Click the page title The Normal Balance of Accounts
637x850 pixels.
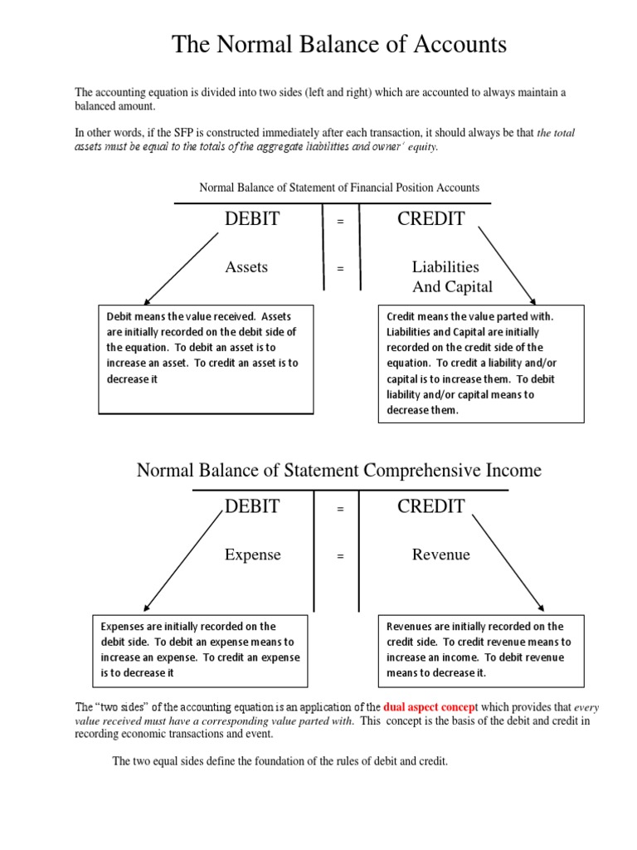coord(338,44)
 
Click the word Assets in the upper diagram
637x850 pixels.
coord(246,267)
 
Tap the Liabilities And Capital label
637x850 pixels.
coord(451,277)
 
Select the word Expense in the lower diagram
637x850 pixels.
coord(252,554)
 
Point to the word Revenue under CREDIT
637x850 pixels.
coord(440,554)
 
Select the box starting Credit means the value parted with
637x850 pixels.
coord(481,364)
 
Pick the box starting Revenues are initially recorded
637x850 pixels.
coord(481,649)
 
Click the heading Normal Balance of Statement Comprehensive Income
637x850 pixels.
coord(338,471)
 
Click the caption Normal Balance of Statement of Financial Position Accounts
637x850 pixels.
coord(338,188)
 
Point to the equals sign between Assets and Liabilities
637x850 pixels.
coord(340,269)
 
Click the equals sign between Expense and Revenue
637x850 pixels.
coord(340,556)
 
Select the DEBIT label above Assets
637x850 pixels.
coord(252,219)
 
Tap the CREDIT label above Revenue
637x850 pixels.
coord(430,506)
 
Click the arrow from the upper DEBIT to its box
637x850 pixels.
coord(181,267)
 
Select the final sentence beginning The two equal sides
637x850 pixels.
coord(280,761)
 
